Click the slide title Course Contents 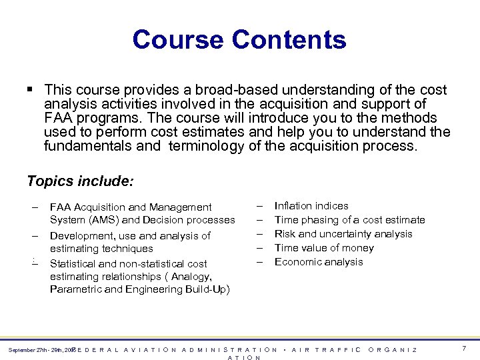(239, 39)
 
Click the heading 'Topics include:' (80, 181)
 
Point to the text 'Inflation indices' (311, 206)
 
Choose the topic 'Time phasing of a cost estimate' (349, 220)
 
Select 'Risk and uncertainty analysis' (343, 234)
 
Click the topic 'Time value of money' (324, 248)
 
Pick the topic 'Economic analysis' (319, 262)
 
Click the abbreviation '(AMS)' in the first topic (102, 220)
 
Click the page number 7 (464, 349)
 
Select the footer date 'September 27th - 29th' (37, 350)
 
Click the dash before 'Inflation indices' (260, 206)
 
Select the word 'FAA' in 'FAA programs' (58, 118)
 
